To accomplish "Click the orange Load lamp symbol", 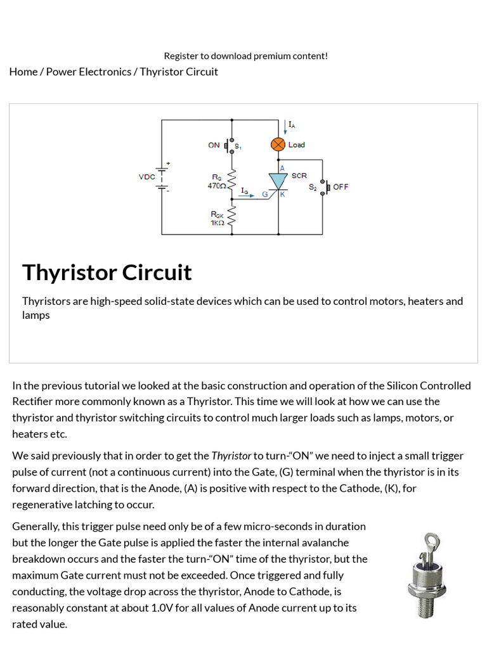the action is pyautogui.click(x=278, y=145).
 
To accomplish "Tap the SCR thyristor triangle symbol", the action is pyautogui.click(x=278, y=181).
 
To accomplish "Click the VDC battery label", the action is pyautogui.click(x=146, y=177).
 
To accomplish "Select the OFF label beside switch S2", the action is pyautogui.click(x=341, y=187).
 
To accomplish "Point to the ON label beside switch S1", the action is pyautogui.click(x=214, y=145).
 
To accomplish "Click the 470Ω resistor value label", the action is pyautogui.click(x=216, y=186).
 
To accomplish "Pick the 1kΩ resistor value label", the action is pyautogui.click(x=217, y=223).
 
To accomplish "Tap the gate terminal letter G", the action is pyautogui.click(x=265, y=194).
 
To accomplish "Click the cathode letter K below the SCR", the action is pyautogui.click(x=283, y=194).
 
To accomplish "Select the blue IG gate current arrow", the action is pyautogui.click(x=249, y=195).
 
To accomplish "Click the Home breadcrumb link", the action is pyautogui.click(x=23, y=72).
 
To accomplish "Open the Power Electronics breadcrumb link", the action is pyautogui.click(x=89, y=72).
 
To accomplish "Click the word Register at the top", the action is pyautogui.click(x=181, y=56).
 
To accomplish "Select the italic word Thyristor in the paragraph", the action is pyautogui.click(x=231, y=456).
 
